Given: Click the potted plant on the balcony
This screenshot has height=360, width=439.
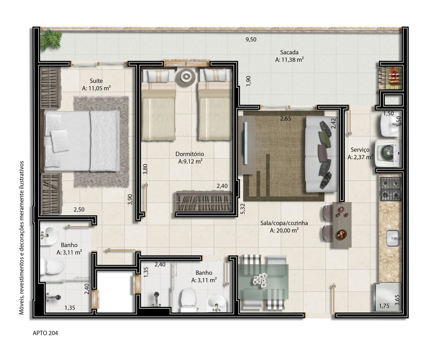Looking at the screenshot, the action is pyautogui.click(x=51, y=40).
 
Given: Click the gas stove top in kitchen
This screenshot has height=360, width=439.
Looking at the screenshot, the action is pyautogui.click(x=391, y=189).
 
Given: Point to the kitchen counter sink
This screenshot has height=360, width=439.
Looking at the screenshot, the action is pyautogui.click(x=393, y=238).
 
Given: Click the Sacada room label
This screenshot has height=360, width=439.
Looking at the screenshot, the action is pyautogui.click(x=289, y=52).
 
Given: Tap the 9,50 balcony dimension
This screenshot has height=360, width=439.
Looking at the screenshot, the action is pyautogui.click(x=251, y=39).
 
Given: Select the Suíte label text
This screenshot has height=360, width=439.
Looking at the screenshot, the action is pyautogui.click(x=96, y=81).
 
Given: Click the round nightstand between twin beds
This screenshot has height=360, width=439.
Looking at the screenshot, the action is pyautogui.click(x=186, y=77).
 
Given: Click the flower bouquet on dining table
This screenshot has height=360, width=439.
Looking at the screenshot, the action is pyautogui.click(x=260, y=280).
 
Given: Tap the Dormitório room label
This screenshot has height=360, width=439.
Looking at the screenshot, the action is pyautogui.click(x=190, y=154).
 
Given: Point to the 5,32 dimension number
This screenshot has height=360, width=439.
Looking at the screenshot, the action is pyautogui.click(x=243, y=209).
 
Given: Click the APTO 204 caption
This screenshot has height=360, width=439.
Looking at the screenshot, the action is pyautogui.click(x=45, y=333).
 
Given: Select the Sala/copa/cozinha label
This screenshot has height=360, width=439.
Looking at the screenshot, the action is pyautogui.click(x=284, y=223).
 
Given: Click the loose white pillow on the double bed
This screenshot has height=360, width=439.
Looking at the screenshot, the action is pyautogui.click(x=60, y=141).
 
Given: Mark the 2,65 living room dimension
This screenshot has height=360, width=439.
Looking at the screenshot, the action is pyautogui.click(x=286, y=119).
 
